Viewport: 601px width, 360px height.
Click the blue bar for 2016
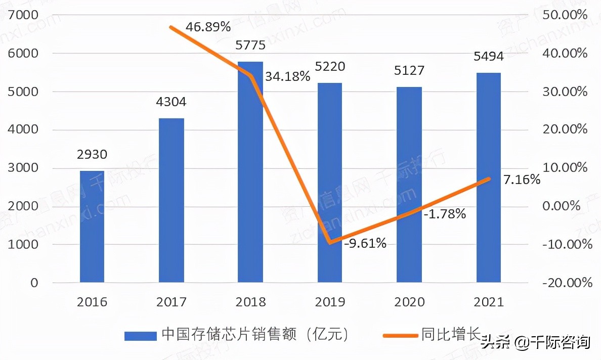[92, 227]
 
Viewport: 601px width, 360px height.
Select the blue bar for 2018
[250, 172]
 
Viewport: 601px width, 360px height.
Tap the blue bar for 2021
[488, 177]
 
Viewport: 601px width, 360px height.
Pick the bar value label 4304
[171, 102]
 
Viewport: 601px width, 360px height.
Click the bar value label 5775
[250, 46]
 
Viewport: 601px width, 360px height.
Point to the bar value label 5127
[409, 70]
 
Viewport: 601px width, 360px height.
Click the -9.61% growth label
[365, 244]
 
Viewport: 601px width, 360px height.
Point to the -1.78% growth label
[445, 214]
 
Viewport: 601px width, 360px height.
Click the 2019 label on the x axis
[330, 302]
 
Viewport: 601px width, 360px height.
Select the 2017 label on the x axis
[171, 302]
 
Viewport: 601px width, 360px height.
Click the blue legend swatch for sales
[140, 336]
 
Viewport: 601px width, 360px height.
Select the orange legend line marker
[400, 335]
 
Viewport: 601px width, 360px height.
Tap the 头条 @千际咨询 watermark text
[536, 342]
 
